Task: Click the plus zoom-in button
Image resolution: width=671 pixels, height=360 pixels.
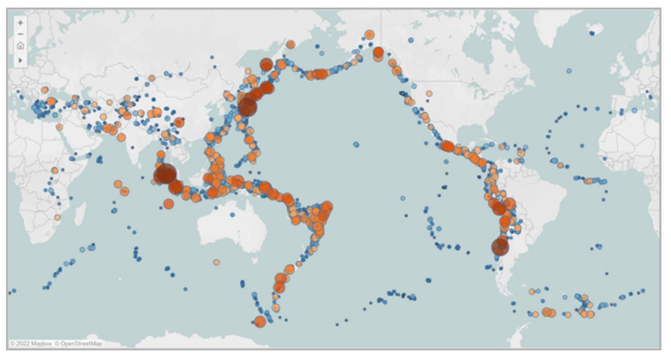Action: (x=20, y=23)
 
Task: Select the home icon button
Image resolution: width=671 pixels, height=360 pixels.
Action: (x=20, y=45)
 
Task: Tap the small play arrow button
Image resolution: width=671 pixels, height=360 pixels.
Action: (x=20, y=60)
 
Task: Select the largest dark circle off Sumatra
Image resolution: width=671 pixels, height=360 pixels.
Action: (x=165, y=174)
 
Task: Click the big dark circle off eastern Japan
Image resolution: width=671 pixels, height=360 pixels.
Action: (x=247, y=107)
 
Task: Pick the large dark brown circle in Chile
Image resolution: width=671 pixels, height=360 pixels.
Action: (x=500, y=247)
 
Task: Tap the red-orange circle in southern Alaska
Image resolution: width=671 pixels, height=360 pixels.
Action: (x=378, y=52)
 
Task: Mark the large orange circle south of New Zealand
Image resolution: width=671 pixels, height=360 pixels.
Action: (x=260, y=322)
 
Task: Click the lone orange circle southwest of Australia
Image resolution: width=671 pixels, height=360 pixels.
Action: (x=216, y=262)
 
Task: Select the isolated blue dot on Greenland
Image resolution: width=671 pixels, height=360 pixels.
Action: (x=593, y=33)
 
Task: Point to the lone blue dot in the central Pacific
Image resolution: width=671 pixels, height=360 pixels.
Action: (x=356, y=144)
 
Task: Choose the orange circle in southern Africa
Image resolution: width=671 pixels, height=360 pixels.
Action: (x=57, y=217)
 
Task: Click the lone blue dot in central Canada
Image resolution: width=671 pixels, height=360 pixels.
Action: (x=411, y=40)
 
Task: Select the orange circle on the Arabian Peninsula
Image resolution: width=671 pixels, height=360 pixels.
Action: (x=59, y=127)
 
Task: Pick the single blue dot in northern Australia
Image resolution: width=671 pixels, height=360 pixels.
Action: (x=233, y=214)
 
